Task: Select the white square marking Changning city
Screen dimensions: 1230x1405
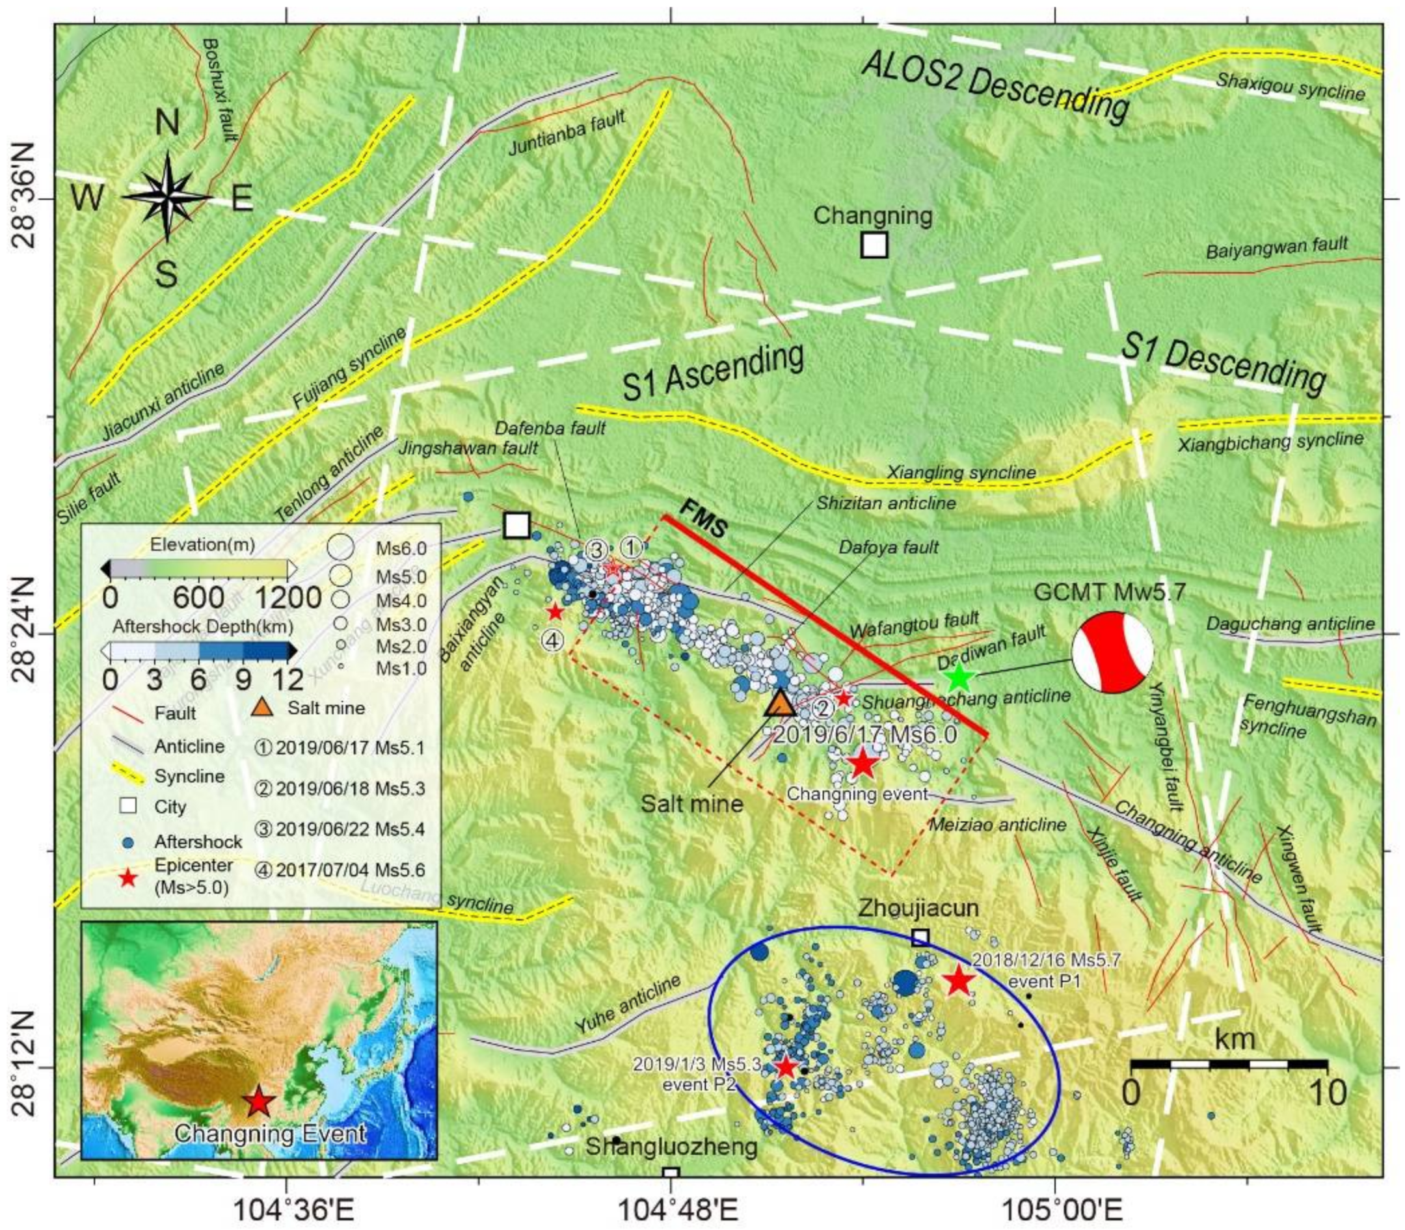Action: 874,245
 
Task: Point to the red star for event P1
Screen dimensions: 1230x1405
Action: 958,982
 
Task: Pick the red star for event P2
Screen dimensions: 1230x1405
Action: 785,1067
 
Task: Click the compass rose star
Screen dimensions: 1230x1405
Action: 167,197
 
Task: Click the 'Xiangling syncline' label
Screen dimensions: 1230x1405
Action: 961,472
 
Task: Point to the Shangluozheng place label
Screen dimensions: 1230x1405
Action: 671,1146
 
